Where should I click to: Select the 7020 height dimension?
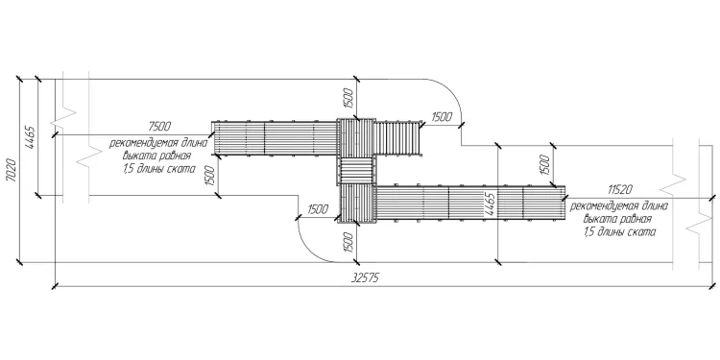(12, 170)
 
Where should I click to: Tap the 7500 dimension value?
(159, 126)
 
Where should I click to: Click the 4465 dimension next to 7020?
(30, 137)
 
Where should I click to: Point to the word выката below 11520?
(599, 220)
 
